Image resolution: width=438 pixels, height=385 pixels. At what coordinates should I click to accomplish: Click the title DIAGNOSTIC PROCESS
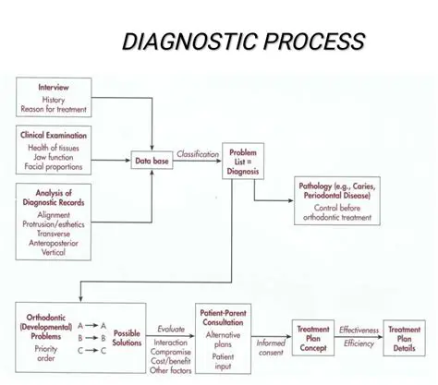tap(244, 42)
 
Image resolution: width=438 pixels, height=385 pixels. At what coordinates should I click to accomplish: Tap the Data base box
tap(152, 161)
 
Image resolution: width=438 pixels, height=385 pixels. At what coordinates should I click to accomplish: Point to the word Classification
tap(198, 154)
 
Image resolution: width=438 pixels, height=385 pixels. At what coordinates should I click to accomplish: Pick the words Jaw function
tap(55, 158)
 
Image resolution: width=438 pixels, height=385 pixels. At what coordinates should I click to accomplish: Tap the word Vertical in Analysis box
tap(55, 252)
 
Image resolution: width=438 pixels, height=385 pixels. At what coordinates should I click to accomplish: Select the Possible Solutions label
tap(128, 338)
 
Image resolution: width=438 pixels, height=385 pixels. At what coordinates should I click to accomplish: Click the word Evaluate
tap(171, 328)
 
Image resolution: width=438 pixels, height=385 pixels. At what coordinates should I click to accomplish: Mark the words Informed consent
tap(271, 347)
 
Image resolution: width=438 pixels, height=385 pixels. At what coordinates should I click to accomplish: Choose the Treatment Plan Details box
tap(405, 339)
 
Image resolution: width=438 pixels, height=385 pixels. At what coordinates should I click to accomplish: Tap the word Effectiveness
tap(358, 329)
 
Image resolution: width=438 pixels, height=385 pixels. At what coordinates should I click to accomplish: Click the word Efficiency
tap(358, 343)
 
